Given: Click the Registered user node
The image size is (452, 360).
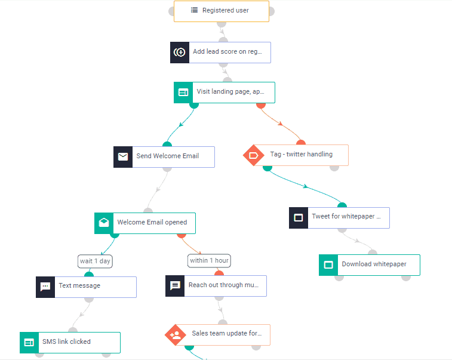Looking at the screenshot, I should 222,11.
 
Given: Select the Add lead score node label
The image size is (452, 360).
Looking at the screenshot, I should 227,52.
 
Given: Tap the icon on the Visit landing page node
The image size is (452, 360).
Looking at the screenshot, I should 183,93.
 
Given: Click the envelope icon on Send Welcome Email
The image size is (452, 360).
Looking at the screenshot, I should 123,156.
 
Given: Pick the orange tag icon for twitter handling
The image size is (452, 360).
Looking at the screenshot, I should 253,155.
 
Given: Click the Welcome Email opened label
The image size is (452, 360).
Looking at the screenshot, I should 152,223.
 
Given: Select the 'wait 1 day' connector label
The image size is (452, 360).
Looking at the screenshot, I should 96,261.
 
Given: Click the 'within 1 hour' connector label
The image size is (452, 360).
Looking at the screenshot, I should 209,260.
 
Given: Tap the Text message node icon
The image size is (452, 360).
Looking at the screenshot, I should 45,287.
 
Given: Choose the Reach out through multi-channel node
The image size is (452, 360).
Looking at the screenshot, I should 225,285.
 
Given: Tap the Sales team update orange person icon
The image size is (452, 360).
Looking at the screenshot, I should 176,335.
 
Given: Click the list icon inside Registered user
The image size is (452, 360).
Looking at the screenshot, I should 194,10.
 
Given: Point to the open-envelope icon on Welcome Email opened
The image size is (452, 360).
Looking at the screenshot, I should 104,223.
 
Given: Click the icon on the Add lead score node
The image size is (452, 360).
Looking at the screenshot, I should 180,52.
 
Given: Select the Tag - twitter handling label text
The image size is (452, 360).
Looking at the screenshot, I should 302,155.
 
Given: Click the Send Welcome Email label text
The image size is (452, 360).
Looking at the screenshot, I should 168,156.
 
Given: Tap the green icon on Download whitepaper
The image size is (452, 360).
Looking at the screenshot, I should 328,264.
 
